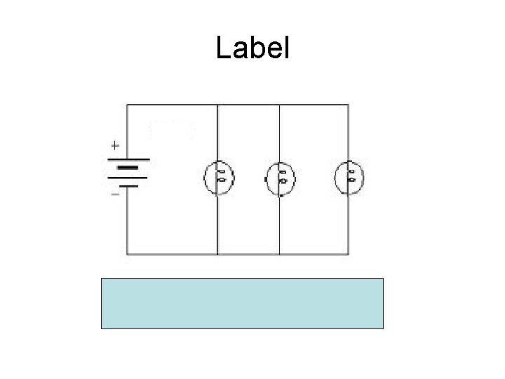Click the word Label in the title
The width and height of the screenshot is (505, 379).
click(x=252, y=48)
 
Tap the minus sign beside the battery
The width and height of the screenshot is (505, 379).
click(x=114, y=193)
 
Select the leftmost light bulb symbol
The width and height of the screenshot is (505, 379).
click(x=219, y=177)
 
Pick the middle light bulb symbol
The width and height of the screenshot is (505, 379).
click(x=280, y=177)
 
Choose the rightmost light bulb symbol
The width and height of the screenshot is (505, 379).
click(x=348, y=177)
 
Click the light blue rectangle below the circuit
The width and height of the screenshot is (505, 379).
click(x=243, y=303)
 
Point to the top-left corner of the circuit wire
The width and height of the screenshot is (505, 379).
click(x=127, y=105)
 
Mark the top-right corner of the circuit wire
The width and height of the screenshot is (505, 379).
click(x=348, y=105)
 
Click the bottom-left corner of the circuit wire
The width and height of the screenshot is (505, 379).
click(x=127, y=253)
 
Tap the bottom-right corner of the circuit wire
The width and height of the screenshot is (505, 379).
click(x=348, y=253)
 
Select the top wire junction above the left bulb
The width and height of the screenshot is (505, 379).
click(x=218, y=105)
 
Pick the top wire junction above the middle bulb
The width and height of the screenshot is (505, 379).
click(x=280, y=105)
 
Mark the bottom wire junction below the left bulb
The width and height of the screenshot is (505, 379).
click(x=218, y=253)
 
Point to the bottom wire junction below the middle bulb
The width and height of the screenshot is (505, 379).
click(x=280, y=253)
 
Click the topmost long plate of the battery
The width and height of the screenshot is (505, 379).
click(x=127, y=159)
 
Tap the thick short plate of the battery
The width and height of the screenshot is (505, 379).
click(x=127, y=168)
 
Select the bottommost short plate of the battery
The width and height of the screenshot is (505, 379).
click(x=127, y=186)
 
